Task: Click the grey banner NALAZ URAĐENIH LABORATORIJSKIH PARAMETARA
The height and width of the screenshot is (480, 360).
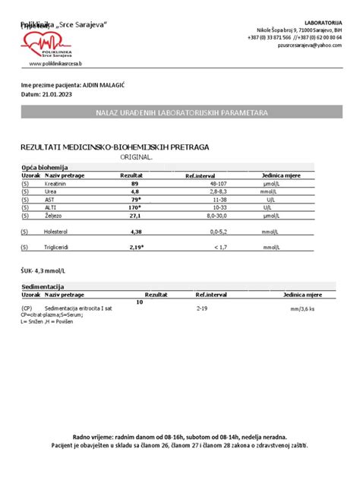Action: [x=182, y=112]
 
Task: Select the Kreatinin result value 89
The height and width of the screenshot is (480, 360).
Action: [x=135, y=184]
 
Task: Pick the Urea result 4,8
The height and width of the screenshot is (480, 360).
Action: [x=135, y=192]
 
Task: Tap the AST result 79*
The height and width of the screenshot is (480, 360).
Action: [x=135, y=200]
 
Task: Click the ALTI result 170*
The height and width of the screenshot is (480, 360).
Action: [x=135, y=207]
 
